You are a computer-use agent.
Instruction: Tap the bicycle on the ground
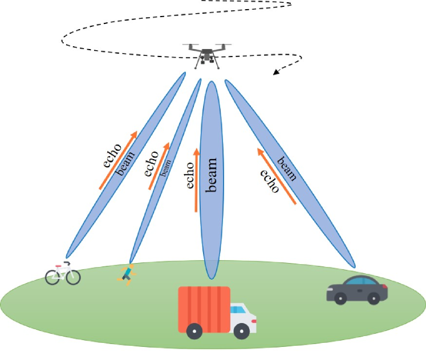tap(63, 274)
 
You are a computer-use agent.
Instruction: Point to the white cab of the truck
tap(242, 317)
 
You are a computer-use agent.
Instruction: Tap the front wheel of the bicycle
tap(72, 277)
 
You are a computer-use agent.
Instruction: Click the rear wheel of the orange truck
tap(195, 331)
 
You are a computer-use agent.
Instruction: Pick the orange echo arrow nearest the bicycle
tap(117, 160)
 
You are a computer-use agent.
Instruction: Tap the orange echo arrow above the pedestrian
tap(160, 165)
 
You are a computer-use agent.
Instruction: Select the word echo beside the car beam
tap(269, 182)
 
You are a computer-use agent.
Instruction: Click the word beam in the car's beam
tap(286, 168)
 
